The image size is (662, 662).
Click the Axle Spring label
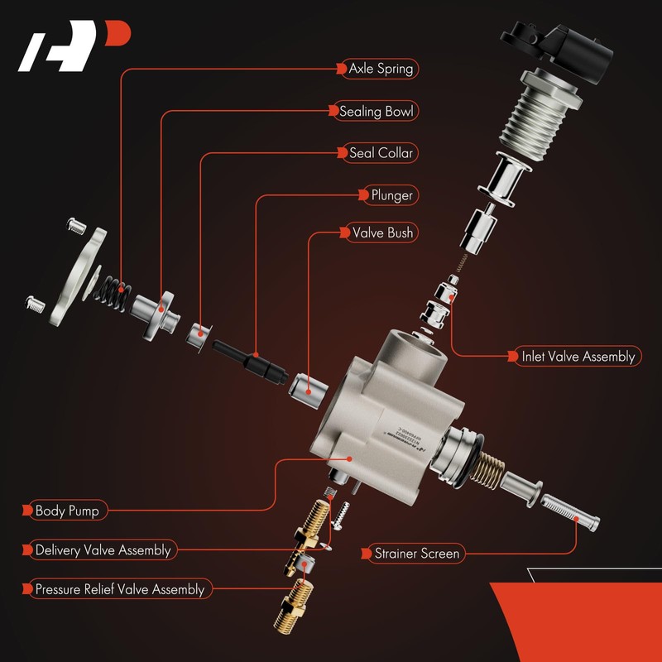coord(381,69)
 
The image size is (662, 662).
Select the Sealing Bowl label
coord(376,111)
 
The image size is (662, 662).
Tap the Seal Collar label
coord(381,153)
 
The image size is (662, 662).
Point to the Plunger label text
coord(391,195)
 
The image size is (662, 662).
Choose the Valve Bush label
coord(382,233)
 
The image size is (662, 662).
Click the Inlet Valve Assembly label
coord(578,357)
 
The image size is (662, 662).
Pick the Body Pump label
coord(67,511)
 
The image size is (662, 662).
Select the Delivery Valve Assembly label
coord(103,550)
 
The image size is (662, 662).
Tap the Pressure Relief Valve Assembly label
coord(119,590)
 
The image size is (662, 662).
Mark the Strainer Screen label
coord(416,553)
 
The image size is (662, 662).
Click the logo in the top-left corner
coord(74,47)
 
